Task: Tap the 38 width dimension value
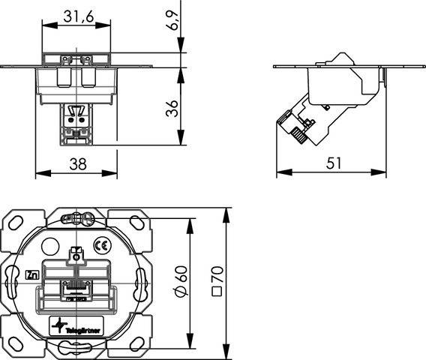point(76,164)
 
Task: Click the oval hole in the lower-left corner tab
point(16,343)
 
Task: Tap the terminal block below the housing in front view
point(75,122)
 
